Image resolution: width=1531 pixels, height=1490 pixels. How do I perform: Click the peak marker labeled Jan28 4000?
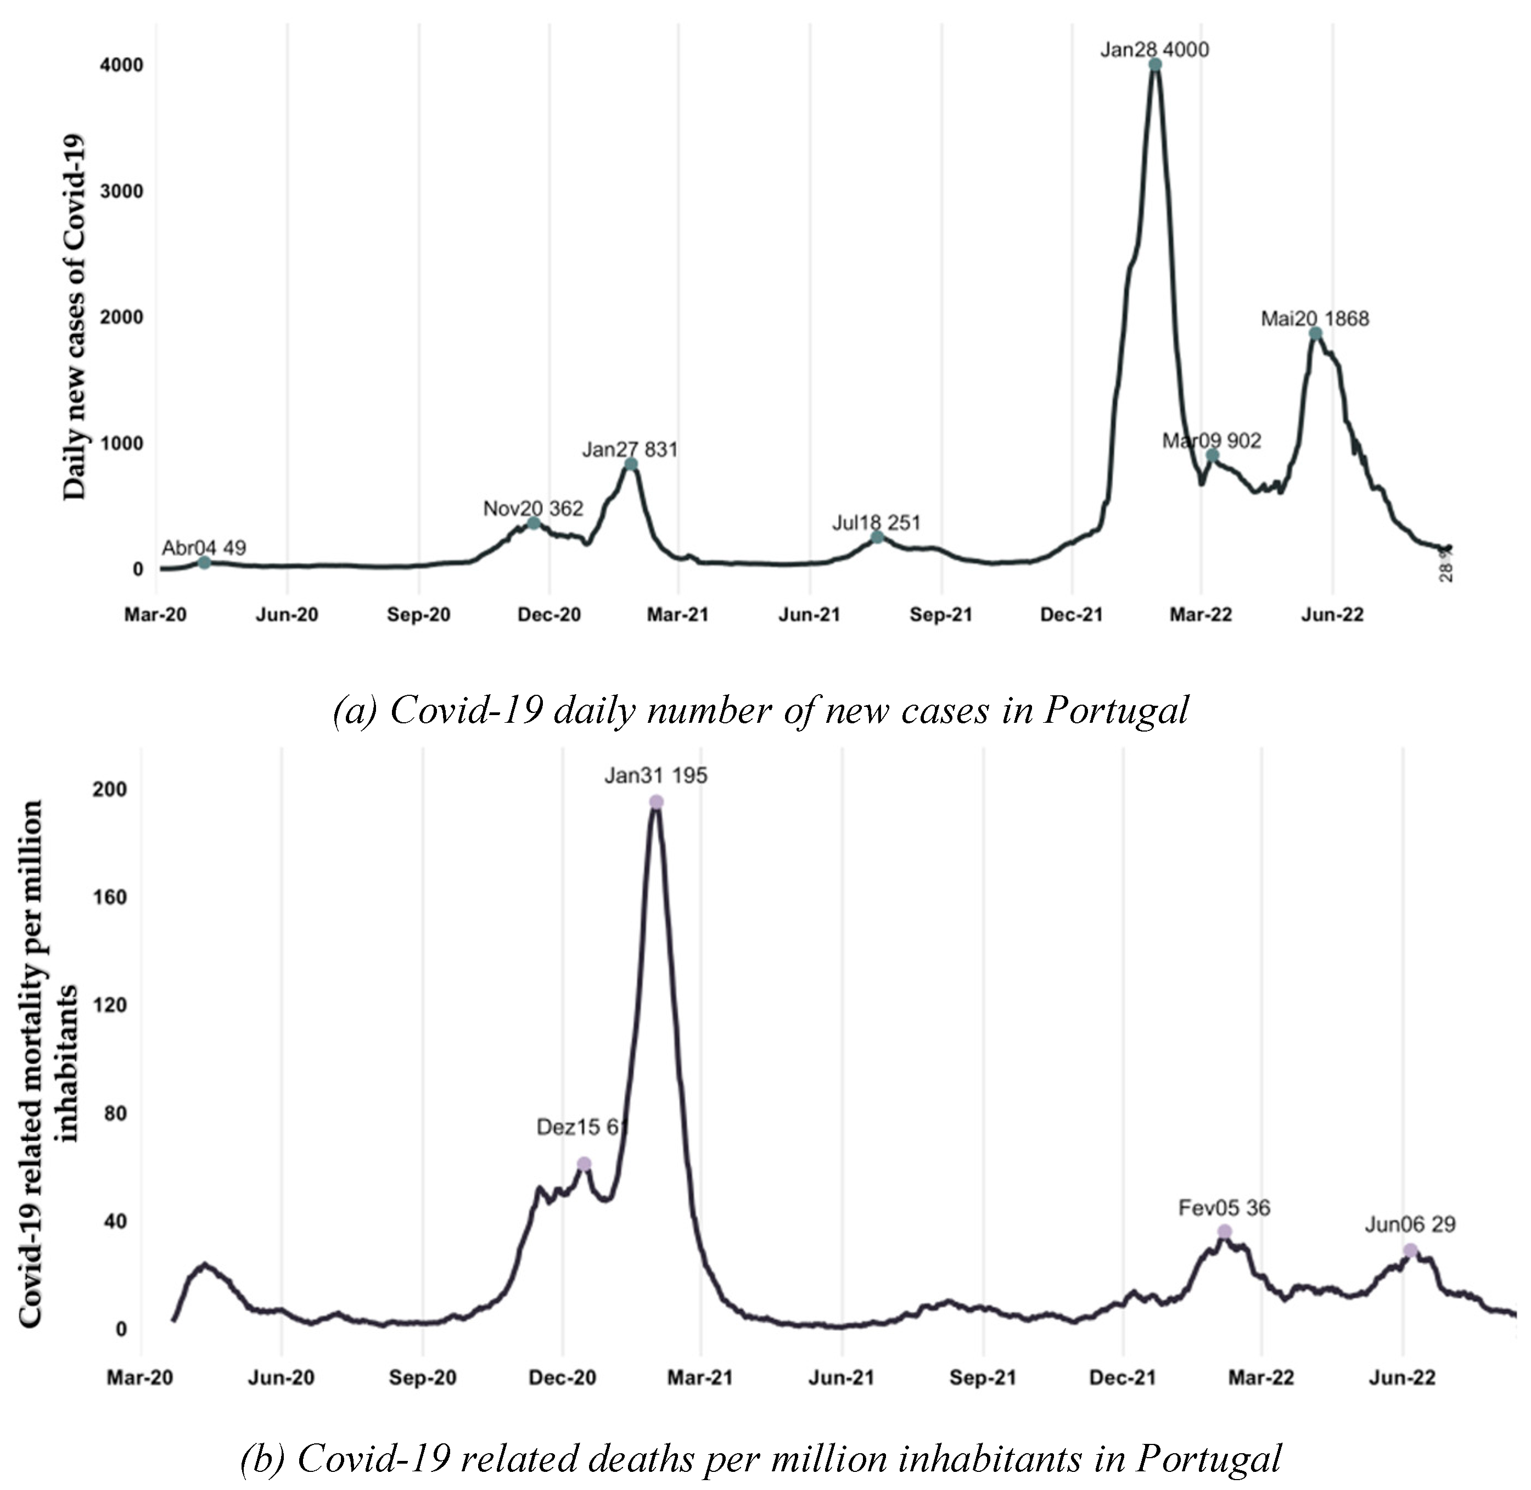tap(1154, 65)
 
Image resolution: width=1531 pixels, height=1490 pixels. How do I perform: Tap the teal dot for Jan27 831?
tap(631, 465)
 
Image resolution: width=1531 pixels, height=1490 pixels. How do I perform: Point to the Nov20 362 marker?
tap(533, 524)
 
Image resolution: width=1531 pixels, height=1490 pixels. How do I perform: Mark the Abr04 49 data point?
tap(204, 563)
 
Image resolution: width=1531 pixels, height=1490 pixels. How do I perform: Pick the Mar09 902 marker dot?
tap(1212, 456)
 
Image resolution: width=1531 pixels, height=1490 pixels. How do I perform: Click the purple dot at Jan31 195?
tap(656, 802)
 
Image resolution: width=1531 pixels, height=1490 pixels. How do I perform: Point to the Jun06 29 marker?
tap(1410, 1251)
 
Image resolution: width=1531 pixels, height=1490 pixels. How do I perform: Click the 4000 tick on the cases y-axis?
tap(121, 65)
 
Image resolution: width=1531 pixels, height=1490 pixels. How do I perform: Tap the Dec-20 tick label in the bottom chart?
tap(562, 1377)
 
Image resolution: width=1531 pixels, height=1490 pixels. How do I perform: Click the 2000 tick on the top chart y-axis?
tap(121, 317)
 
